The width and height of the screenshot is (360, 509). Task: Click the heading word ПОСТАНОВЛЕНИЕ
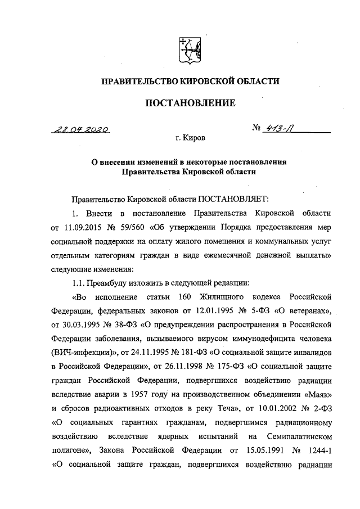(x=190, y=103)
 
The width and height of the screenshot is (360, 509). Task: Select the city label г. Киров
(x=190, y=137)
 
